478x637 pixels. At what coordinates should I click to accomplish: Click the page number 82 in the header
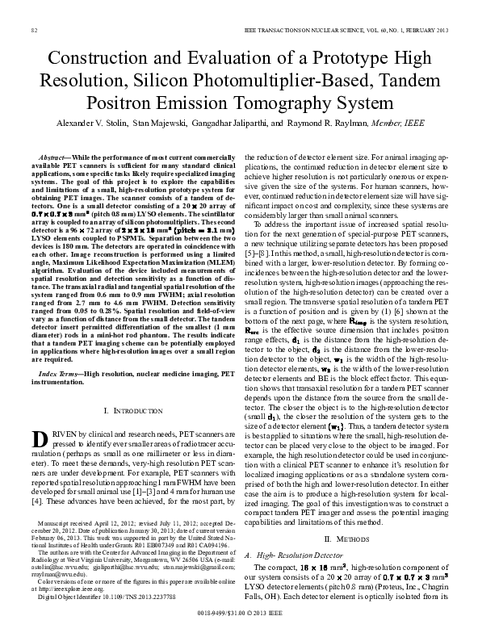(35, 30)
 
